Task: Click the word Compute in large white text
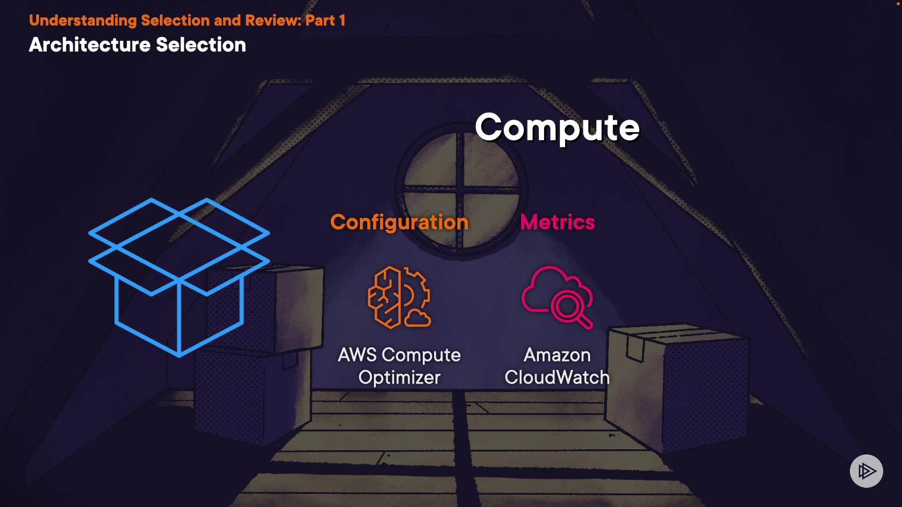[557, 128]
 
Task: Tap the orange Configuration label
[399, 222]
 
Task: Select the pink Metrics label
[557, 222]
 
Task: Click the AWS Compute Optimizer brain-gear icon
[399, 297]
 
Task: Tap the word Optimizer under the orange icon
[399, 377]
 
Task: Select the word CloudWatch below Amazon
[557, 377]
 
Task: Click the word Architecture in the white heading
[89, 45]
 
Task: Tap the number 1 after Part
[342, 20]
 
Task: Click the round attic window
[461, 190]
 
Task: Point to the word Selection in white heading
[201, 45]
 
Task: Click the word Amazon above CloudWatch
[557, 355]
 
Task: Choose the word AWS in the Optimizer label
[357, 355]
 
